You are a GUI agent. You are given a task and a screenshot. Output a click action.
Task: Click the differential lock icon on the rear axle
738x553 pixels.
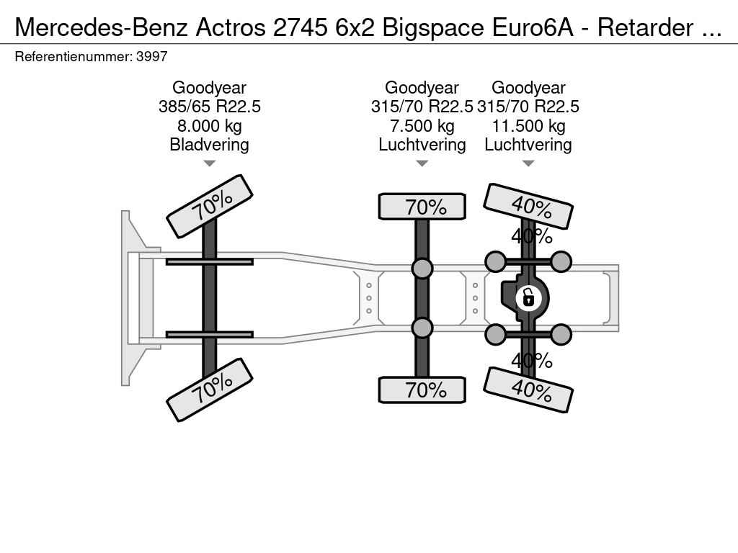point(528,298)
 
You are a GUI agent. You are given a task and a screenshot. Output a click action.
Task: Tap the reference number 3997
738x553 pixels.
point(151,57)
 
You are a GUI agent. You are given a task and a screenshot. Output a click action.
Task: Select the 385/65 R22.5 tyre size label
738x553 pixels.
point(210,107)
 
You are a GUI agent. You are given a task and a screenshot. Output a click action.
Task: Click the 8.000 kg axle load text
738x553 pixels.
point(210,126)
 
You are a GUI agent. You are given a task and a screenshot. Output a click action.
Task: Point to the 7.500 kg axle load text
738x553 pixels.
point(422,126)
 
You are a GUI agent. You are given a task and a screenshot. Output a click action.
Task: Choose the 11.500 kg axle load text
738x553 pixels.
point(528,126)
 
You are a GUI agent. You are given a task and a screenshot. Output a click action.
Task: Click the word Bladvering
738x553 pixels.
point(210,144)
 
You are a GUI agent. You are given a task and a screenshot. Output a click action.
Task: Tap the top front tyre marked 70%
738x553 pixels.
point(210,207)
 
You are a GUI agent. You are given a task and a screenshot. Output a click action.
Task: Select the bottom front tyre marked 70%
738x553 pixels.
point(210,390)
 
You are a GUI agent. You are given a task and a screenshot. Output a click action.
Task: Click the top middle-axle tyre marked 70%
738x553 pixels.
point(422,207)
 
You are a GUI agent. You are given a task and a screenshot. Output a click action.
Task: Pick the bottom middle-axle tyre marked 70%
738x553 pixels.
point(422,390)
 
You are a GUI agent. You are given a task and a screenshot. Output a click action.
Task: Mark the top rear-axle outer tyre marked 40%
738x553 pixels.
point(528,206)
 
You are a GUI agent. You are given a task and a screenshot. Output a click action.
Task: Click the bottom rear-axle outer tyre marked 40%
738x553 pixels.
point(528,390)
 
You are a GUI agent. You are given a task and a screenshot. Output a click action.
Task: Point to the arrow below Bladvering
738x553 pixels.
point(210,163)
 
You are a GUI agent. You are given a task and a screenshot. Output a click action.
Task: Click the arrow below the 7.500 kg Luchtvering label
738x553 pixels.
point(422,163)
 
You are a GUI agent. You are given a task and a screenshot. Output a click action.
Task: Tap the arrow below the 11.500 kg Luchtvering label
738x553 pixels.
point(528,163)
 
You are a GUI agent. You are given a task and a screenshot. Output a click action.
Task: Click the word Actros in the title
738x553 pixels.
point(231,27)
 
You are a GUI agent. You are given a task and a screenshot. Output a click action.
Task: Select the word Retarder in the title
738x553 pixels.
point(645,27)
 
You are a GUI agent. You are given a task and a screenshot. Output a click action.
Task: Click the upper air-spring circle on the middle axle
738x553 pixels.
point(422,268)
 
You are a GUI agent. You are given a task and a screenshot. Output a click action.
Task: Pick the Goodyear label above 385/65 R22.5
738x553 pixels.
point(210,88)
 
